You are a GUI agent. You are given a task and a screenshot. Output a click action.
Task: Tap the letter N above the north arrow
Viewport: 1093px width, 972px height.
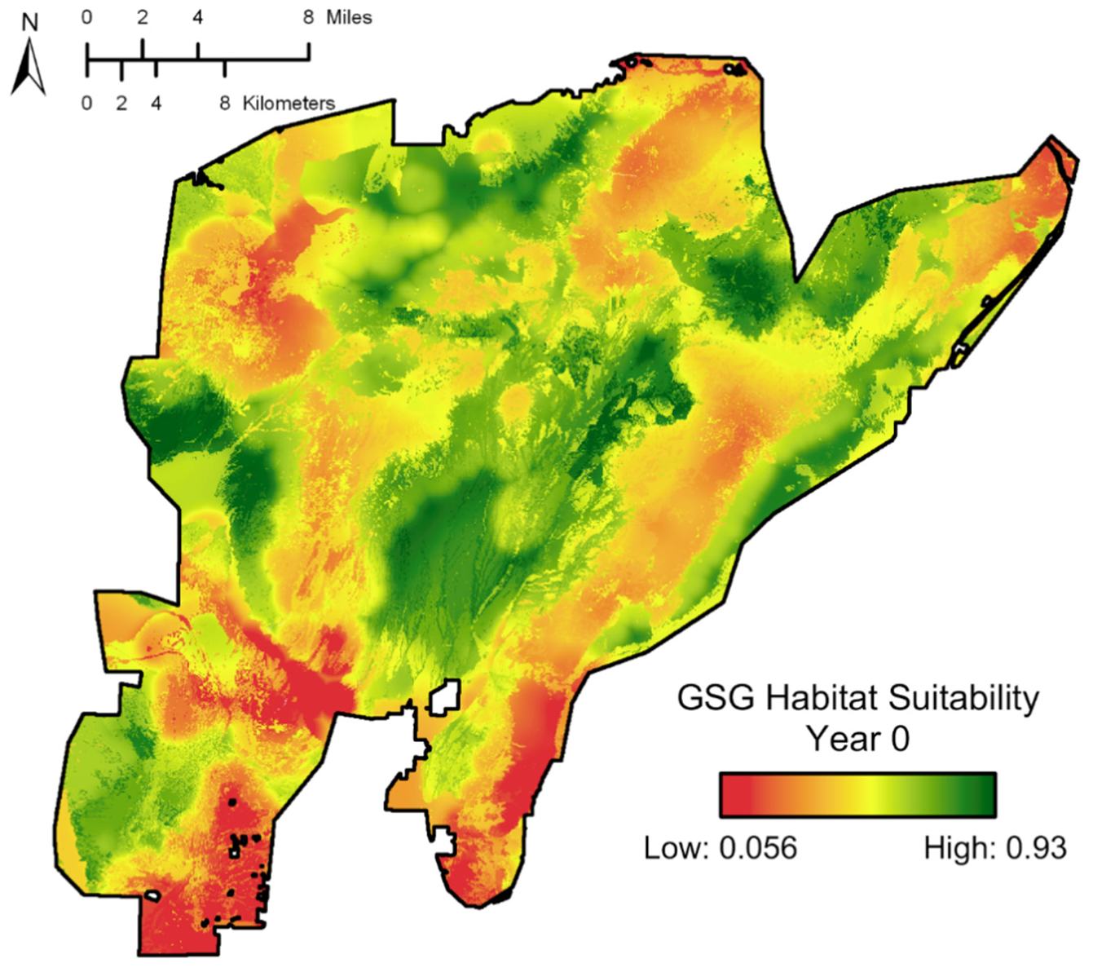[29, 22]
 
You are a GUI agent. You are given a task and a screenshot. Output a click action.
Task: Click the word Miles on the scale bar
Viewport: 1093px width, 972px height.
[349, 17]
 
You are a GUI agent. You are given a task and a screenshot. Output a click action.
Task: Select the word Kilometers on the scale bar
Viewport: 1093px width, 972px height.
[289, 104]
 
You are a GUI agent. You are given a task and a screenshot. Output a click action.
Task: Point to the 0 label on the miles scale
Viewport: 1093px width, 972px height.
[87, 17]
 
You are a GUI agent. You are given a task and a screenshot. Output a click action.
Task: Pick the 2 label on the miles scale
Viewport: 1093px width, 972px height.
[143, 17]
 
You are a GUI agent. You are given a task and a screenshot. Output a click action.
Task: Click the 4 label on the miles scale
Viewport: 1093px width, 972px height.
[197, 17]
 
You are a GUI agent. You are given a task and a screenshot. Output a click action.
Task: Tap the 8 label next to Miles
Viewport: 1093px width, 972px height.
[308, 17]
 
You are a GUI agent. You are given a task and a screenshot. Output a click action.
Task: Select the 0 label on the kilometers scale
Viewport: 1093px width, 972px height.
[87, 104]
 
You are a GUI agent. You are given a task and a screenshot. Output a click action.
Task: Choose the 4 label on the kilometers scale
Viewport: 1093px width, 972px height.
[156, 104]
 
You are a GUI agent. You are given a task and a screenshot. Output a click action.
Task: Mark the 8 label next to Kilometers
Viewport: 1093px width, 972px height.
[225, 104]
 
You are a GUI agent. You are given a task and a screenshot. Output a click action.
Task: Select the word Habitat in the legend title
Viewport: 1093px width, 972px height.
[822, 699]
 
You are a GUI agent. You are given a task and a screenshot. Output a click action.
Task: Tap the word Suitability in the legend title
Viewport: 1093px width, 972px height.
[964, 699]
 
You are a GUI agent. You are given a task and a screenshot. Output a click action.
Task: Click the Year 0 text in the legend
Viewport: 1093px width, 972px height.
[857, 740]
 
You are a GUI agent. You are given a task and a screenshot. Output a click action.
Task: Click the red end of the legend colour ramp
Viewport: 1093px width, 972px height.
[734, 795]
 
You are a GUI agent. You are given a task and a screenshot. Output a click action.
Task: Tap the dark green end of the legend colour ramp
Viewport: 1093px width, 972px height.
[982, 795]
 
